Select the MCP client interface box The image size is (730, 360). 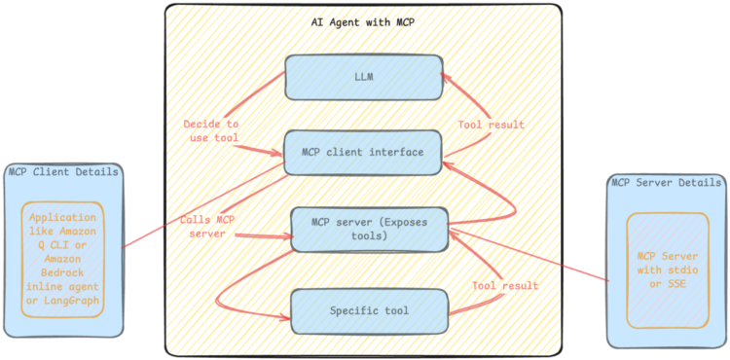tap(363, 152)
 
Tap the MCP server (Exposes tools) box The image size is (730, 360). tap(371, 229)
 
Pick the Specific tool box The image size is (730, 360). tap(370, 311)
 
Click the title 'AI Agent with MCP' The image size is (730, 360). tap(363, 21)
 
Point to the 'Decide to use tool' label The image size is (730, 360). tap(211, 131)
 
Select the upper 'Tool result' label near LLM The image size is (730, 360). tap(492, 125)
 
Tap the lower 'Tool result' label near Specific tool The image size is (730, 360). tap(505, 286)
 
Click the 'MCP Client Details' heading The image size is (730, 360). tap(63, 172)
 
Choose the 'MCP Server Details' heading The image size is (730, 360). tap(666, 182)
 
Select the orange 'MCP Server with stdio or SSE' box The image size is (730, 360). tap(667, 270)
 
